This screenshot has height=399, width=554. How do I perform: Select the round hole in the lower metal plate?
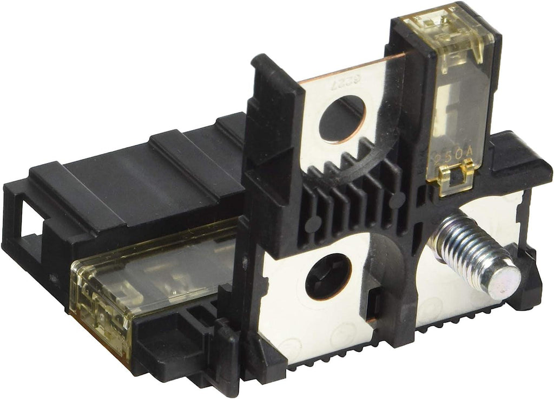tap(328, 276)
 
